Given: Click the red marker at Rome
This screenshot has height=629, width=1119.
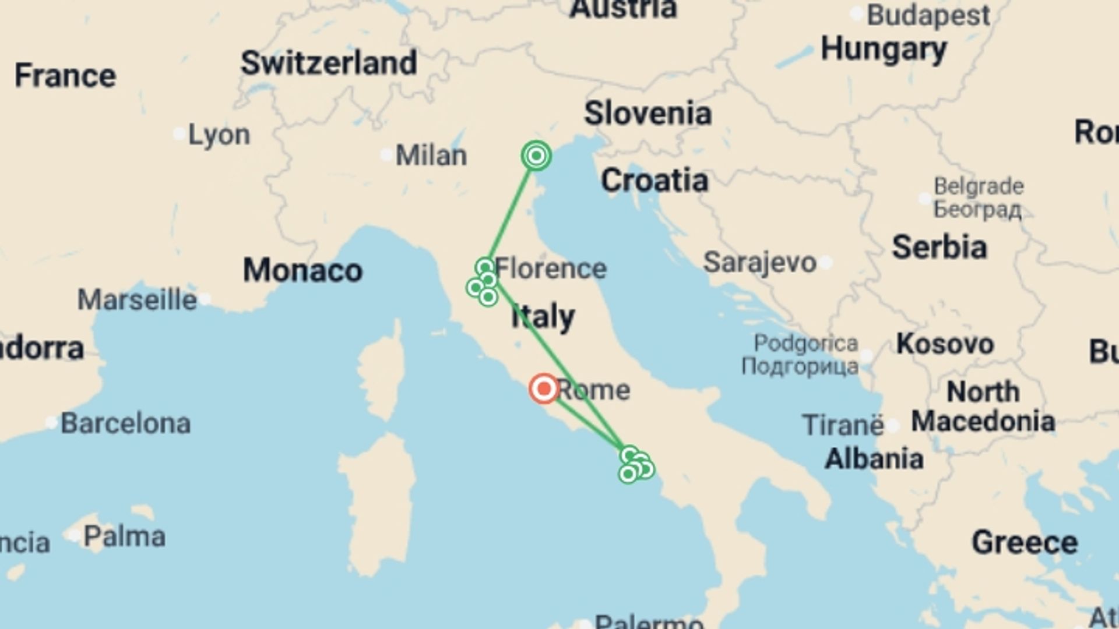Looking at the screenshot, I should coord(544,388).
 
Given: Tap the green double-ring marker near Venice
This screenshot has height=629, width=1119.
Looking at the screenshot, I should coord(536,156).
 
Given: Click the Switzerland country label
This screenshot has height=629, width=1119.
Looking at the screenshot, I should coord(329,63).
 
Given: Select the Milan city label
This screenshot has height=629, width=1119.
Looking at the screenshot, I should coord(431,156).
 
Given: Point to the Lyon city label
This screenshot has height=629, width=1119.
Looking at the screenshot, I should coord(219,135).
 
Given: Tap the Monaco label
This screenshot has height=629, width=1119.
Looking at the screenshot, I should coord(302,271).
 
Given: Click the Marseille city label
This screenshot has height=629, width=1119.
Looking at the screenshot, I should coord(137,300).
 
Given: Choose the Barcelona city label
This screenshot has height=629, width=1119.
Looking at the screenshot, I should coord(125,423).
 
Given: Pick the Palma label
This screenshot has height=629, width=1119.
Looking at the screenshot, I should coord(124,536).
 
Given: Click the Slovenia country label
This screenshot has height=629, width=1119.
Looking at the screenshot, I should coord(648,113).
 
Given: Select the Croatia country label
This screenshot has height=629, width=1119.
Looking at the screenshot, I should coord(654,181).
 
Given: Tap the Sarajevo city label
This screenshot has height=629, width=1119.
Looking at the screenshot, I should coord(759,263).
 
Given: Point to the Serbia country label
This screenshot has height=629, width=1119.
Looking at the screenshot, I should coord(939,247).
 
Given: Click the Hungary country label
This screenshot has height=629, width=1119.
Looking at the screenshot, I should coord(884,50).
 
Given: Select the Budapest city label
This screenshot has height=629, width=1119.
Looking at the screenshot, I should coord(928,15).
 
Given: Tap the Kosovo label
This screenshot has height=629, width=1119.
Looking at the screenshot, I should coord(945,344).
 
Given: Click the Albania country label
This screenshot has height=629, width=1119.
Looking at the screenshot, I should coord(874,459).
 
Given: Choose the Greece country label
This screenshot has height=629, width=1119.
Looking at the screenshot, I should coord(1025,543).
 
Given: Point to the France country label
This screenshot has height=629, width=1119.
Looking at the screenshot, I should coord(65,76).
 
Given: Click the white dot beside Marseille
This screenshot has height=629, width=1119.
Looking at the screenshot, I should coord(205,300).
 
